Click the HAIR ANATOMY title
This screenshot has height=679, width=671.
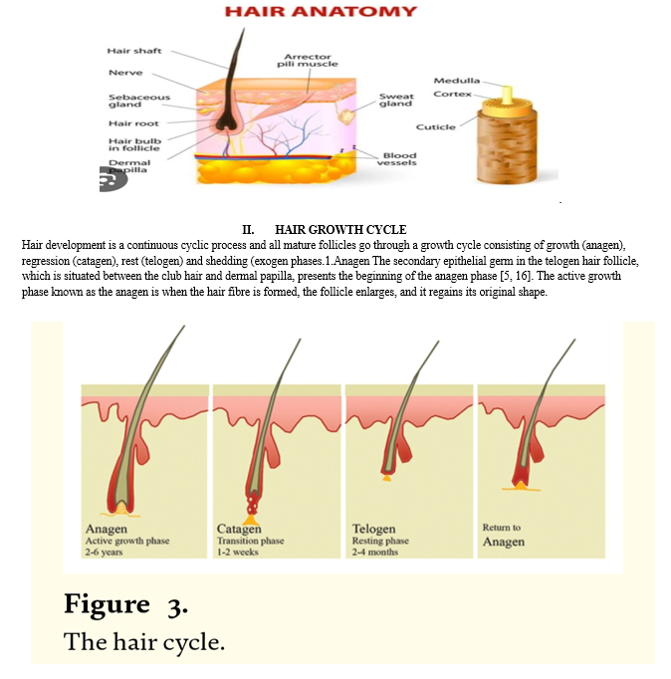[x=321, y=11]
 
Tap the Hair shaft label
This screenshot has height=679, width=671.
[x=134, y=51]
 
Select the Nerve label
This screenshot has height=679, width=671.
[x=125, y=73]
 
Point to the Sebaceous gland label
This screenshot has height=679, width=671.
[x=139, y=101]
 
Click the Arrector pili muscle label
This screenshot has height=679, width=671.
[x=308, y=60]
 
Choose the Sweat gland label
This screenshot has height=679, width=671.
[x=396, y=100]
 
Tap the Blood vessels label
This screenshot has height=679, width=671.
[x=397, y=159]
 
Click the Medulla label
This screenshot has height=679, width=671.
[x=457, y=81]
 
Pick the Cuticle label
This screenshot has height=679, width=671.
[x=435, y=126]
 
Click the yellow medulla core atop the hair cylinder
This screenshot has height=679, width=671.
[x=507, y=95]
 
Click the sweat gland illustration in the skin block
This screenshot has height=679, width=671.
[x=346, y=115]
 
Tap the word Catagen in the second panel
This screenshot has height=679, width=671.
[x=239, y=530]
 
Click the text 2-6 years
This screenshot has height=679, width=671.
[x=104, y=553]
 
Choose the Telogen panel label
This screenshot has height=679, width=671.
[x=373, y=529]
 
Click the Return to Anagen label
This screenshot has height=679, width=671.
[x=504, y=535]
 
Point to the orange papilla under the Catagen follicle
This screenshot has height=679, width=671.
[x=251, y=520]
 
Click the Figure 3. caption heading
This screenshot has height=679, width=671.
[x=126, y=604]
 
